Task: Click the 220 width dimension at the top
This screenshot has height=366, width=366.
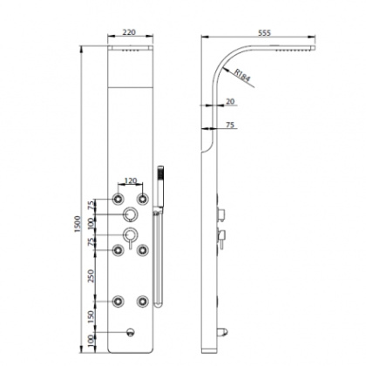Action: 128,31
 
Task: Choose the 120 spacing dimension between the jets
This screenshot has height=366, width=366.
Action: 129,183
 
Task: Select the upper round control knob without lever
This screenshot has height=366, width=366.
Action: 130,215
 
